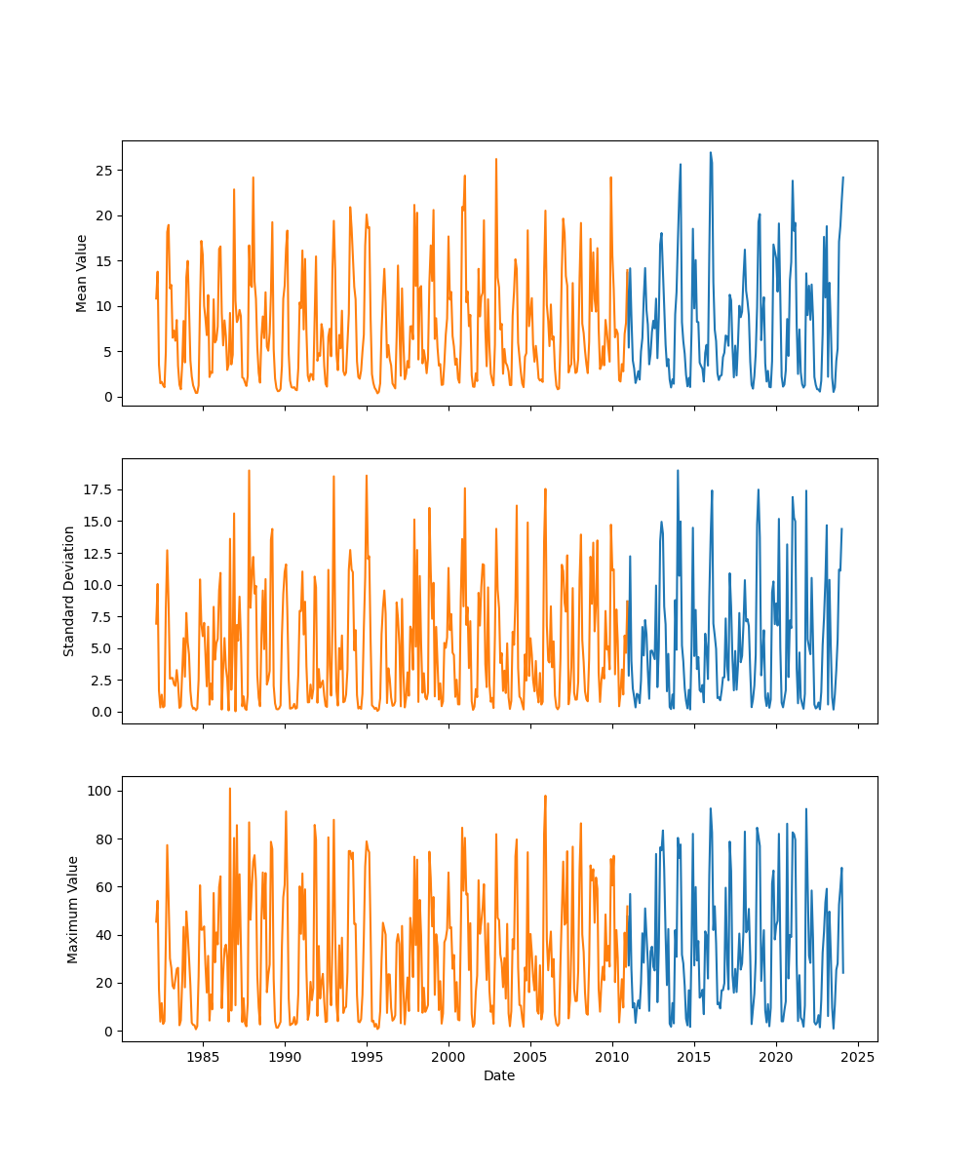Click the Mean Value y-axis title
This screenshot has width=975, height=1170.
[82, 273]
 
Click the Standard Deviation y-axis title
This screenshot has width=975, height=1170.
[69, 591]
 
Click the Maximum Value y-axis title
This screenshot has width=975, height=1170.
[72, 909]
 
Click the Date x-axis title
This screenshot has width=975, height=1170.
[499, 1075]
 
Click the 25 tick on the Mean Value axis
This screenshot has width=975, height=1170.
[101, 171]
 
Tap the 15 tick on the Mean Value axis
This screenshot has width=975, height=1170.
[101, 261]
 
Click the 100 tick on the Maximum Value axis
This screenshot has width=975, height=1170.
[98, 790]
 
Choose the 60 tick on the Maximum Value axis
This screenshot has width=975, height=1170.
[101, 886]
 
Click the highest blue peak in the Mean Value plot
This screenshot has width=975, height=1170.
[710, 153]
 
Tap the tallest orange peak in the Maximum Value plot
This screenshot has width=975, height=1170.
[230, 789]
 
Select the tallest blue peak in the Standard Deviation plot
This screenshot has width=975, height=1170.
[678, 471]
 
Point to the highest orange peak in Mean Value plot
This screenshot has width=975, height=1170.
[495, 159]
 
